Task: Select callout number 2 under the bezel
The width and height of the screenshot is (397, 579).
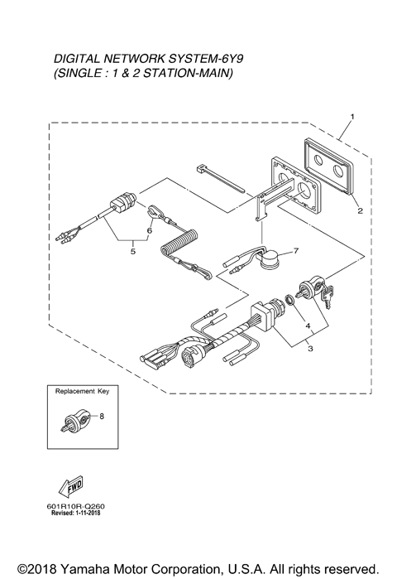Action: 360,210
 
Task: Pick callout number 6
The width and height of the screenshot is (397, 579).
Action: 150,222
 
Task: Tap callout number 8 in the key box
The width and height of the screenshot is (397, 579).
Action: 101,417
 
